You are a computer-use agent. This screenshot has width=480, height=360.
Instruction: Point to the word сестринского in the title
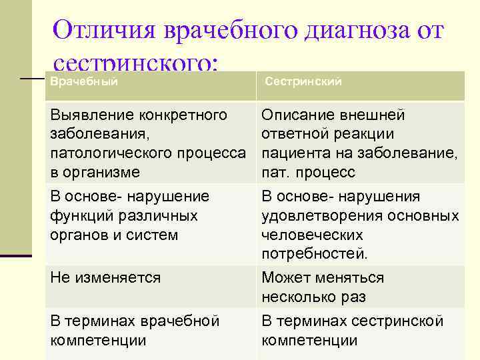(x=133, y=64)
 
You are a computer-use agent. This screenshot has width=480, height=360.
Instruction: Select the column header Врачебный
(x=84, y=81)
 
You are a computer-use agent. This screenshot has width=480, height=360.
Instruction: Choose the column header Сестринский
(x=303, y=81)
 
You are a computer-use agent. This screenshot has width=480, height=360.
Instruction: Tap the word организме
(x=103, y=172)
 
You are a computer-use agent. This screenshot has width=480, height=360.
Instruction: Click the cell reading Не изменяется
(x=105, y=277)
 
